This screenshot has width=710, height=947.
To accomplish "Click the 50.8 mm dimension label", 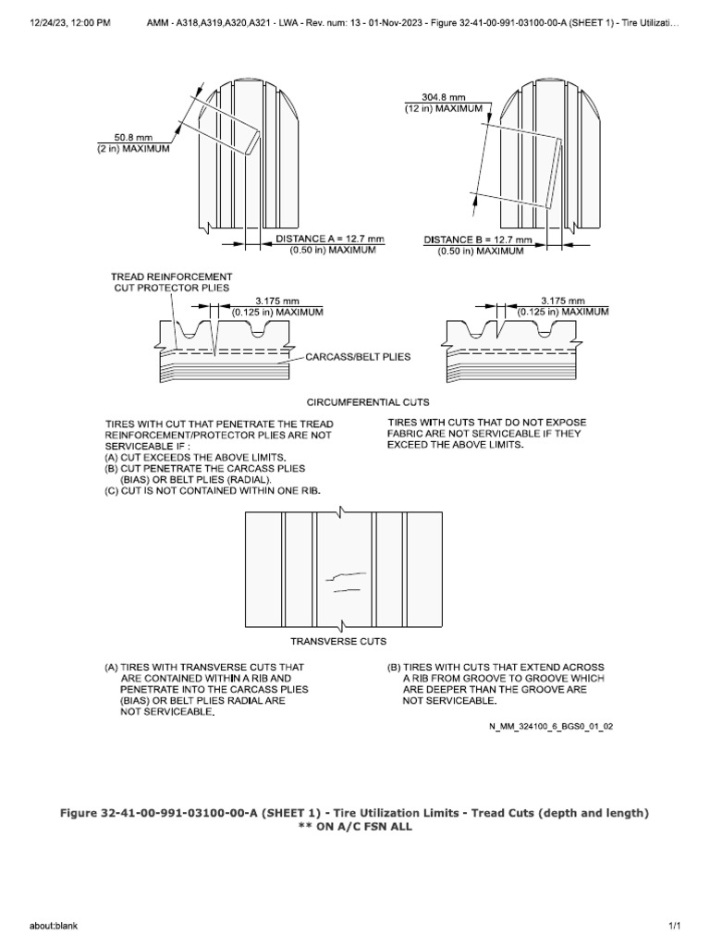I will [x=134, y=138].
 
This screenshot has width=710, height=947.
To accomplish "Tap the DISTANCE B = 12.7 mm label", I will [x=478, y=239].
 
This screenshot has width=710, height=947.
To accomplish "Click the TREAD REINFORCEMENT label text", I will [x=171, y=277].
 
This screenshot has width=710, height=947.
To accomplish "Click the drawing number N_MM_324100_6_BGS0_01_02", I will [x=551, y=726].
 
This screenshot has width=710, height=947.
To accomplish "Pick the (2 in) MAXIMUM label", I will [x=134, y=150].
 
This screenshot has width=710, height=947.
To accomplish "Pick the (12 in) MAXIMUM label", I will [x=445, y=108].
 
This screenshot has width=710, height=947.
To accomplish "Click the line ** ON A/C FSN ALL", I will [x=355, y=827].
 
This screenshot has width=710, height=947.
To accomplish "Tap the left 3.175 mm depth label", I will [x=277, y=301].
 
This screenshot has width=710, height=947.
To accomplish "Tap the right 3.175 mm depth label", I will [x=564, y=301].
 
